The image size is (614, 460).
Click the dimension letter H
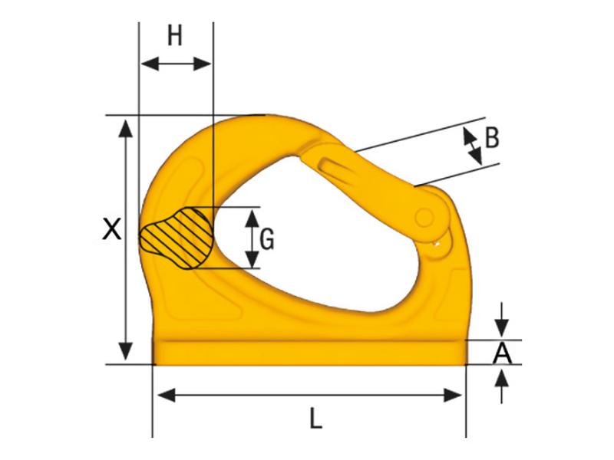point(175,36)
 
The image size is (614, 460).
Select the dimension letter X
point(112,229)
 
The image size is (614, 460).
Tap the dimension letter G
point(266,240)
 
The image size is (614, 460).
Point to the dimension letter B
point(492,138)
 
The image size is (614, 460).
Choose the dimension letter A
point(502,353)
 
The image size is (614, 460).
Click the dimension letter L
point(315,419)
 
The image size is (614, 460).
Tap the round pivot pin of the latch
point(424,218)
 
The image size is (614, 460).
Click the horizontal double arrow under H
point(176,64)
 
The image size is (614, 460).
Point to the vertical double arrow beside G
point(250,238)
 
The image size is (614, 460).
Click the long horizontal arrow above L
point(310,395)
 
